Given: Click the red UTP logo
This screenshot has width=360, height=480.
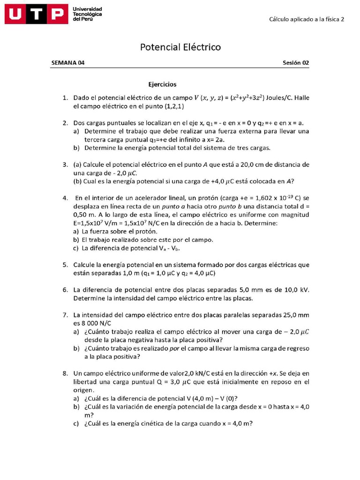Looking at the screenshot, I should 36,15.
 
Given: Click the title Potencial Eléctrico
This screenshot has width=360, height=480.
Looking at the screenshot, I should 180,47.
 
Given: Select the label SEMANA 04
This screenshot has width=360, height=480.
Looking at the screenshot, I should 68,63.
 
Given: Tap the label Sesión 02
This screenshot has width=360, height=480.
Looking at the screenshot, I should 296,63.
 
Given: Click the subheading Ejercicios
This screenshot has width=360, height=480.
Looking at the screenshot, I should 162,84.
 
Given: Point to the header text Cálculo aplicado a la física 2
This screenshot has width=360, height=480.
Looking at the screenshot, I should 307,19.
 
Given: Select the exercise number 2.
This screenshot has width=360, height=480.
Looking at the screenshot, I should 66,123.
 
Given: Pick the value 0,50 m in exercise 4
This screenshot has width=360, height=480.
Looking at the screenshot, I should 86,215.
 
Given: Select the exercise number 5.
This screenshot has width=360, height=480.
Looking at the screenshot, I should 66,265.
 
